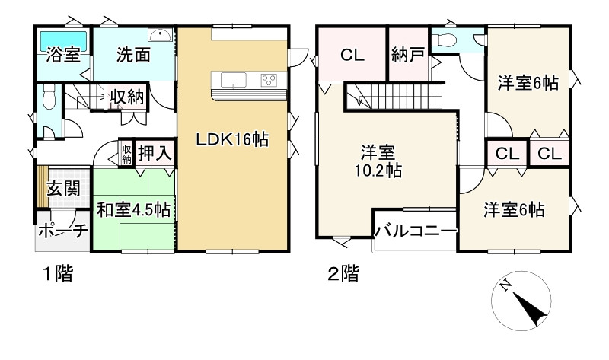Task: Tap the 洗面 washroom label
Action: click(x=133, y=55)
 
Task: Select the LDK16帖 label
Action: click(x=232, y=141)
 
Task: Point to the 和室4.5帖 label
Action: click(x=133, y=209)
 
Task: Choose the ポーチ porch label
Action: click(x=62, y=231)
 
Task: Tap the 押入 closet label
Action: click(x=155, y=153)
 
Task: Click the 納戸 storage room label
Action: click(x=407, y=55)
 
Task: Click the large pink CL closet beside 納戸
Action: click(x=352, y=55)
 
